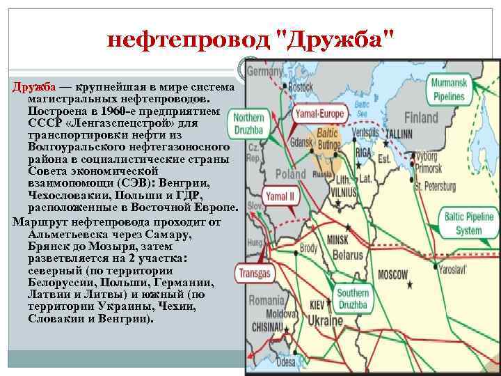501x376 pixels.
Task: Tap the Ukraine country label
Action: (x=326, y=321)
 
